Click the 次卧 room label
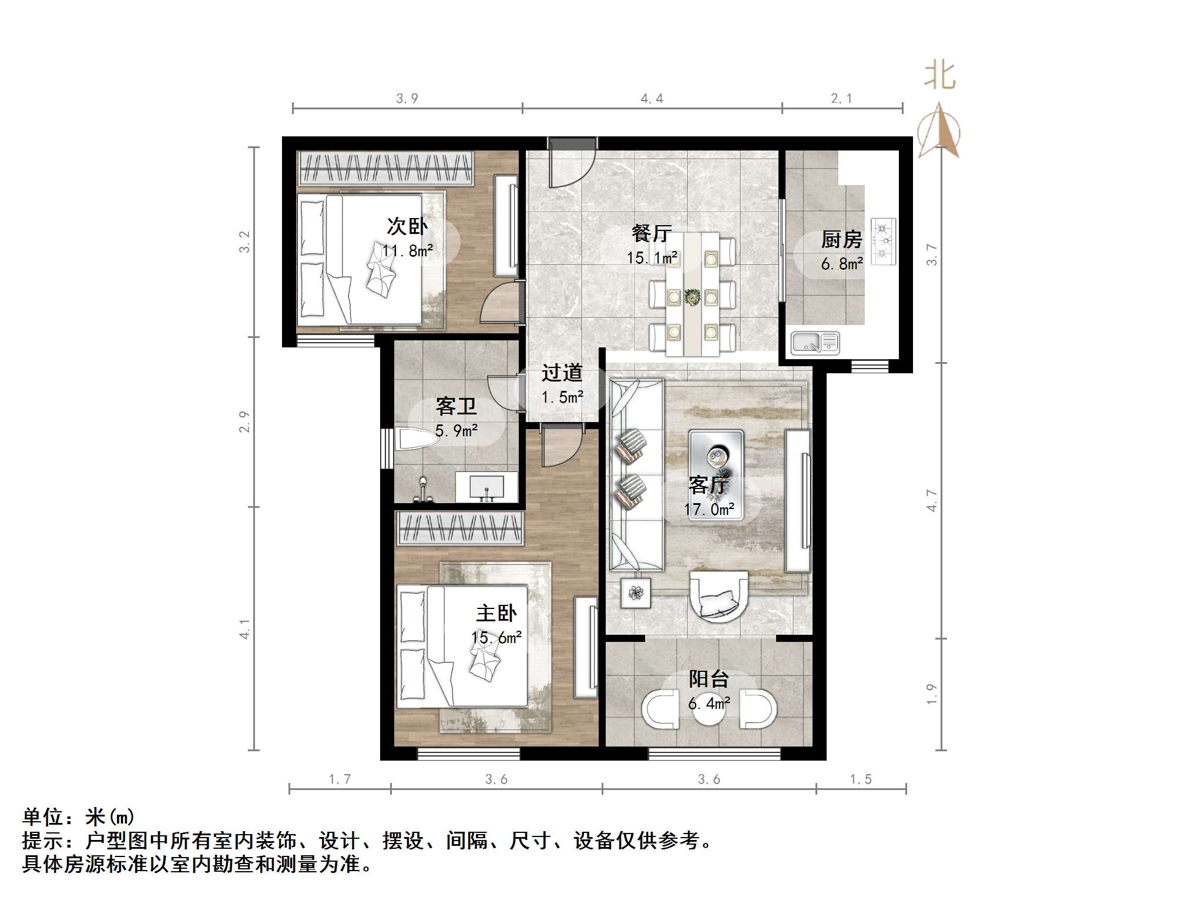(x=407, y=226)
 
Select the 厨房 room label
(x=841, y=239)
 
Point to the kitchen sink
(x=815, y=343)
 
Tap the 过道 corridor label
(x=562, y=373)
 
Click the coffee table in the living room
(x=716, y=474)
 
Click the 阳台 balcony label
(x=709, y=679)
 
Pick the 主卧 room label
(x=496, y=613)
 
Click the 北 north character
(x=939, y=77)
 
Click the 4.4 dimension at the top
(x=652, y=99)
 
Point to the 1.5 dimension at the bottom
(x=860, y=779)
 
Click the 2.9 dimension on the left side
(x=244, y=422)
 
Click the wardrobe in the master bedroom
(x=459, y=527)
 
